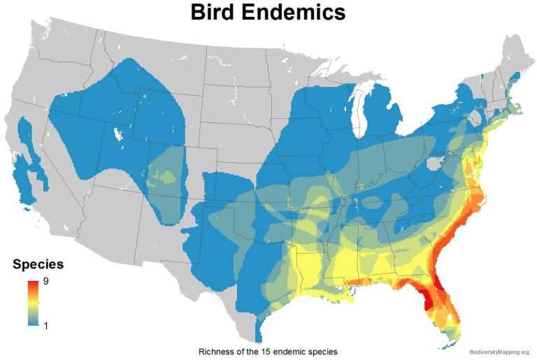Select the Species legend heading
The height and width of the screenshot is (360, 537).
coord(38,265)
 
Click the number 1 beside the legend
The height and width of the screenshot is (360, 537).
coord(46,325)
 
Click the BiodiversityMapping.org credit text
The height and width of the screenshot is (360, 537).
coord(499,352)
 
